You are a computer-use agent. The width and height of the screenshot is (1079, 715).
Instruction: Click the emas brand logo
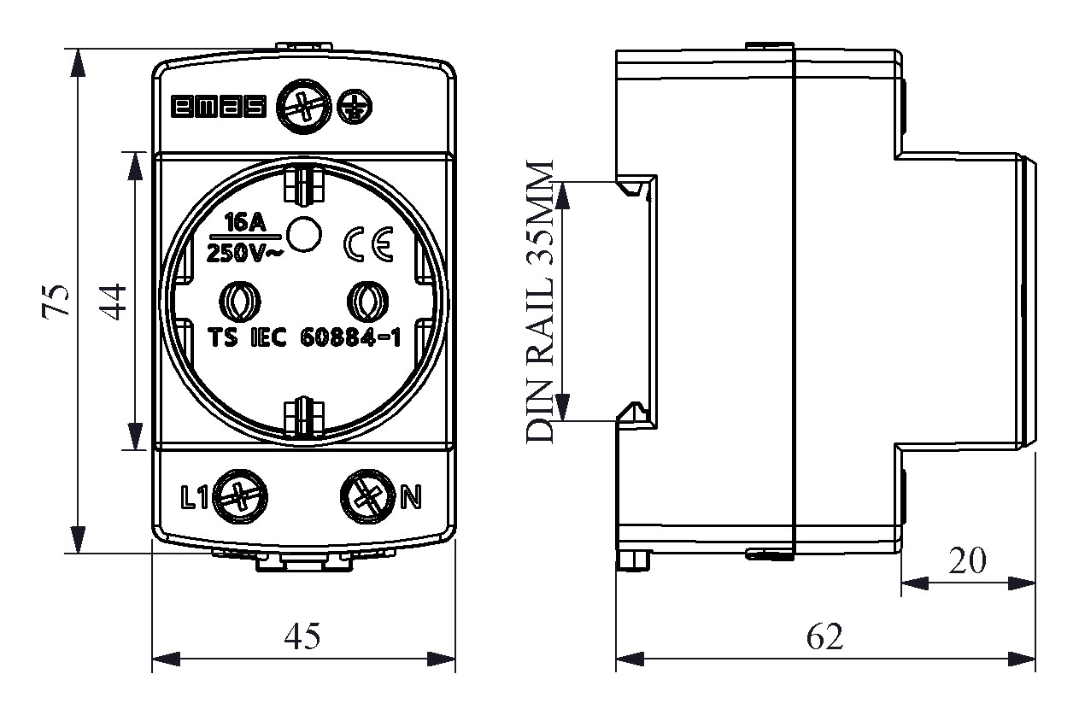coord(219,107)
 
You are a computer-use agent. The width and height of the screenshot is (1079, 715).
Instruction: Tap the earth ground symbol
coord(355,107)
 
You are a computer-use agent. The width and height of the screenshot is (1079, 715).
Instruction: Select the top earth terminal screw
coord(304,107)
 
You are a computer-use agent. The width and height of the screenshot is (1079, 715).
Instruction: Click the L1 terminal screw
coord(240,497)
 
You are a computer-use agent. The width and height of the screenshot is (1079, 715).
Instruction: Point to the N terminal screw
coord(368,497)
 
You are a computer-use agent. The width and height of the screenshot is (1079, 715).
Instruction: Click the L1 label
coord(194,497)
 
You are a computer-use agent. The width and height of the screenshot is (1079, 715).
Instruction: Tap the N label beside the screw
coord(411,497)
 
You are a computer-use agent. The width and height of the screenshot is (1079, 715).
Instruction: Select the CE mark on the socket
coord(368,244)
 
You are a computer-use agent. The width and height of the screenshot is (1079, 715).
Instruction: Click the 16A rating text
coord(245,223)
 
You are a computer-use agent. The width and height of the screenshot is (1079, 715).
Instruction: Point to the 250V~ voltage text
coord(244,254)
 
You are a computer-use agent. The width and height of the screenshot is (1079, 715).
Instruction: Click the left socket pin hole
coord(240,302)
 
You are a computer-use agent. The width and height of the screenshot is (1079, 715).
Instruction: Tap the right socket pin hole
coord(368,302)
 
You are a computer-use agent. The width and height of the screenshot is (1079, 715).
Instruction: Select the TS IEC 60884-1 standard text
coord(304,337)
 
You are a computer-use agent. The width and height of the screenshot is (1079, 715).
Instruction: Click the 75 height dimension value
coord(56,302)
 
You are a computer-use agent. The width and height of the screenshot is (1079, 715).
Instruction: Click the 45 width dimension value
coord(302,636)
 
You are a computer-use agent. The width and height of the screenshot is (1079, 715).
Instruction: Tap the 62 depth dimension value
coord(824,636)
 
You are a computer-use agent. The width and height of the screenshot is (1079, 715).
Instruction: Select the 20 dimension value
coord(967,561)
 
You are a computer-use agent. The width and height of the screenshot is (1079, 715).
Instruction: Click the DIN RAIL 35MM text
coord(540,302)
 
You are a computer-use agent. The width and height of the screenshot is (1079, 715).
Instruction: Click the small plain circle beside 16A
coord(303,234)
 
